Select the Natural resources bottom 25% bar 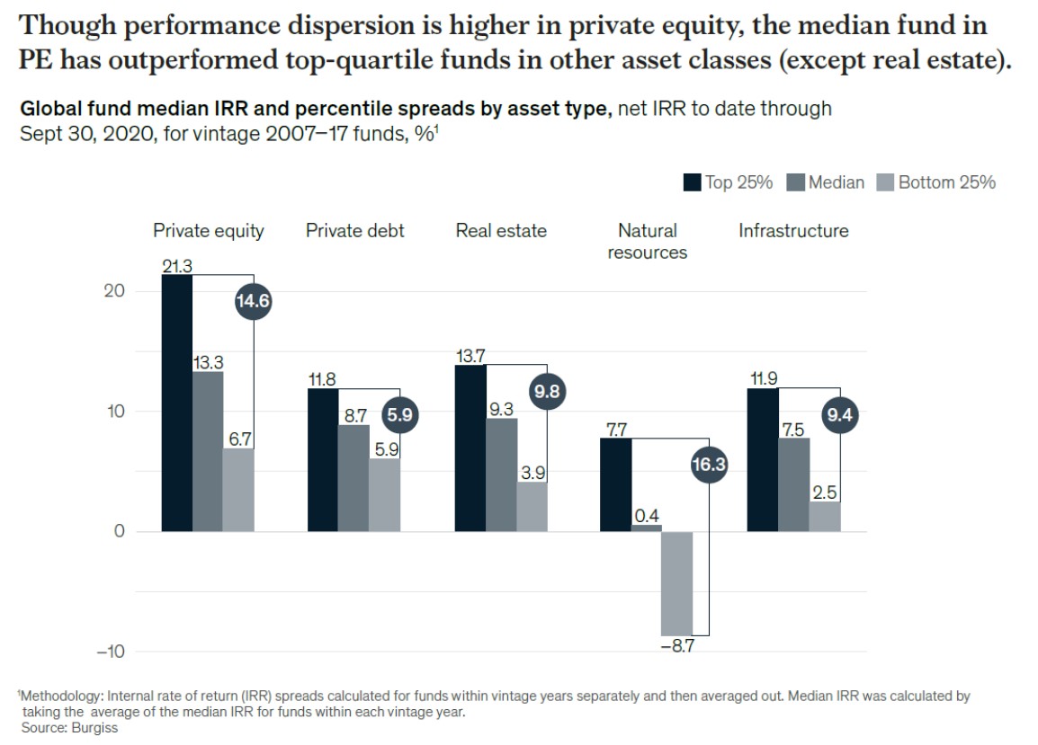[676, 583]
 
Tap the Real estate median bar [502, 474]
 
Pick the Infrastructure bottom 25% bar [824, 516]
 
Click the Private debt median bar [353, 477]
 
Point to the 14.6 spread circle [253, 302]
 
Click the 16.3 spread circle [709, 465]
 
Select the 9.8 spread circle [548, 392]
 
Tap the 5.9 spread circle [400, 415]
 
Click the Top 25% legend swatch [693, 182]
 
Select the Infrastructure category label [793, 231]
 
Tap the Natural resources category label [647, 242]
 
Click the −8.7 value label [676, 646]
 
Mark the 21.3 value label [177, 266]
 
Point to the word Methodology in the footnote [58, 696]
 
